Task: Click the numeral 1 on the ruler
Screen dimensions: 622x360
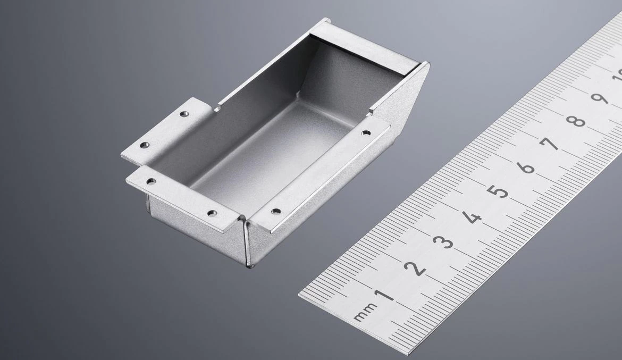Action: (x=384, y=295)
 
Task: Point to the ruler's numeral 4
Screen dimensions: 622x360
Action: (x=472, y=217)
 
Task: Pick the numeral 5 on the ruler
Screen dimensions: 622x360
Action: (x=499, y=192)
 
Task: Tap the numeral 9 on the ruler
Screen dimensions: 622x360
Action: (x=600, y=98)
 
